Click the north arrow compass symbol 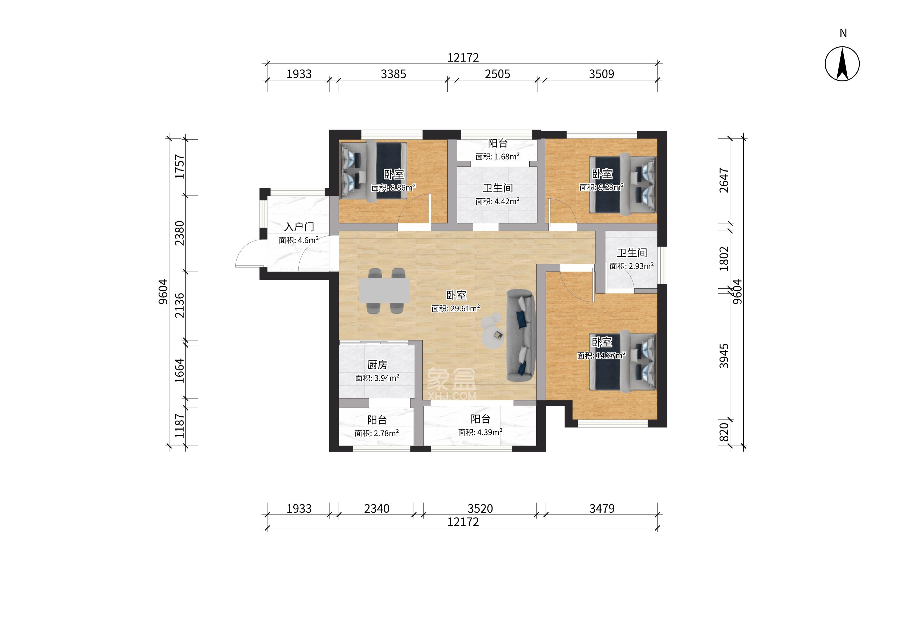[842, 64]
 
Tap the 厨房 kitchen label [377, 365]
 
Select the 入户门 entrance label [299, 227]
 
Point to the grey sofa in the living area [521, 335]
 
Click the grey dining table [384, 291]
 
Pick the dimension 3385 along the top [393, 74]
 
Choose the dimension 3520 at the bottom [480, 509]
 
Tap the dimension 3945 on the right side [724, 356]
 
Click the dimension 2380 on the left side [180, 233]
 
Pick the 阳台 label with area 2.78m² [377, 420]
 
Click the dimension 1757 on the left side [180, 167]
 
